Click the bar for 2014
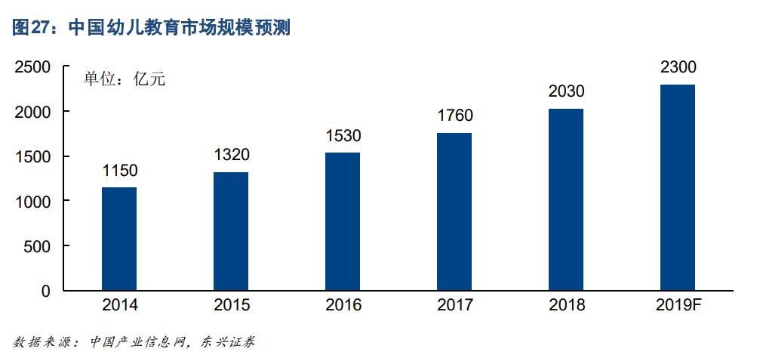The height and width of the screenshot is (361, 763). click(x=119, y=239)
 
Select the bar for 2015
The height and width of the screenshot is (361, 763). click(x=231, y=231)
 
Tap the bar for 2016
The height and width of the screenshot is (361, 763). click(x=343, y=221)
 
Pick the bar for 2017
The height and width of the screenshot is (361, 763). click(x=454, y=211)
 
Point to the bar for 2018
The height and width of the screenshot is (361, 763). click(x=566, y=199)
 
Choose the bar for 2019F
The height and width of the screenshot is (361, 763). click(x=678, y=187)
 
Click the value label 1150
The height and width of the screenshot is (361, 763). click(x=119, y=170)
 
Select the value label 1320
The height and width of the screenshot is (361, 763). click(x=231, y=155)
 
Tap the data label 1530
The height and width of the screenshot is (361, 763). click(x=343, y=136)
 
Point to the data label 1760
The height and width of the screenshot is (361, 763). click(x=454, y=116)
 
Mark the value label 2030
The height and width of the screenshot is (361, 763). click(x=566, y=91)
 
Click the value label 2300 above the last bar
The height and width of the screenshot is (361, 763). click(x=678, y=67)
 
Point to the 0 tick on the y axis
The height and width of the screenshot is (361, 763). click(x=46, y=291)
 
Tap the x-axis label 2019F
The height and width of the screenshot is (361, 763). click(x=678, y=306)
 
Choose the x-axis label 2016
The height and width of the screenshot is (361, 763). click(x=343, y=306)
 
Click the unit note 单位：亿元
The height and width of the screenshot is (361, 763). click(x=124, y=79)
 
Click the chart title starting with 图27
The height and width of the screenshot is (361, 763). click(x=152, y=29)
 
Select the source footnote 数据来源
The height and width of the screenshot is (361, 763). click(x=134, y=342)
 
